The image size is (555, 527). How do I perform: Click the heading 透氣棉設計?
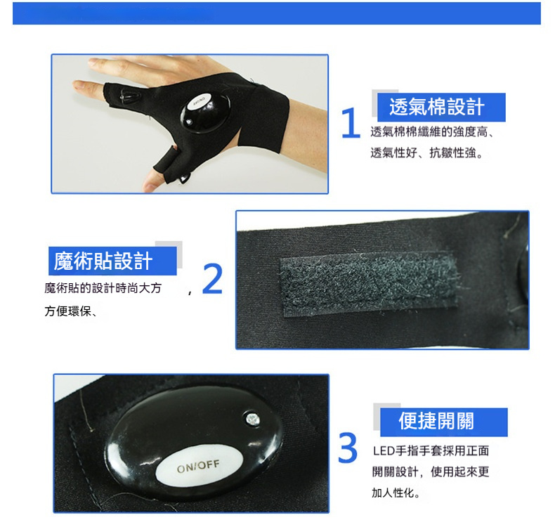coord(437,107)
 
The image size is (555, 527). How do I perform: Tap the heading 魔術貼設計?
coord(103,261)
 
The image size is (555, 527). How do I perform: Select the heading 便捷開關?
coord(436,421)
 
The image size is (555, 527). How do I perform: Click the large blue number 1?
coord(351,123)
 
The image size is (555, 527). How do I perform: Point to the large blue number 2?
coord(212,279)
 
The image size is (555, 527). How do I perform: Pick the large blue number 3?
coord(348,448)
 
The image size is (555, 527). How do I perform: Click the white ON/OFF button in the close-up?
coord(200,466)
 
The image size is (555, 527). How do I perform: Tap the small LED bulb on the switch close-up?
coord(252,419)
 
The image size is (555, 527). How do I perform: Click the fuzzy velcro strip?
coord(370,283)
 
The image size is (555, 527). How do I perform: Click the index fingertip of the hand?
coord(78,86)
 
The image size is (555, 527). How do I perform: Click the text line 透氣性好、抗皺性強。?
coord(427,153)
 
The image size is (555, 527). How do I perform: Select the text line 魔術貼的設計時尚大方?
coord(103,288)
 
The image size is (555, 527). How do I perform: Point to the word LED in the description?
coord(384,451)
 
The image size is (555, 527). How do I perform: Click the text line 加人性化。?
coord(396,493)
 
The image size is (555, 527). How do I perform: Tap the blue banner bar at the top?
coord(276,13)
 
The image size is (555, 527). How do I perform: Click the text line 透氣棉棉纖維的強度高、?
coord(433,132)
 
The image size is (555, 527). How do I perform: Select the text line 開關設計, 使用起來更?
coord(431,471)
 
